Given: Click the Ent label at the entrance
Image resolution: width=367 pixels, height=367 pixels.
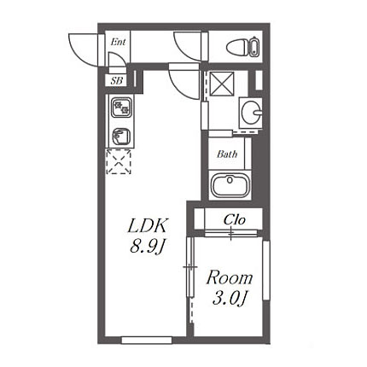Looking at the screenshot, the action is (118, 42).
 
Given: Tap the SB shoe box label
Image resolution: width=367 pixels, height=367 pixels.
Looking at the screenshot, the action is (117, 81).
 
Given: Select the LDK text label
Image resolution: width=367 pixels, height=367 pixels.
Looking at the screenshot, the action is (147, 226).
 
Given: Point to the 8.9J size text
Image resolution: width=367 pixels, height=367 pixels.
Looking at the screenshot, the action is (148, 246).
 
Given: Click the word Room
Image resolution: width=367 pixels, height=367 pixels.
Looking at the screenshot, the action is (230, 278).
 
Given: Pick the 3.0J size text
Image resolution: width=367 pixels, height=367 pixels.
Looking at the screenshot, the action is (230, 298).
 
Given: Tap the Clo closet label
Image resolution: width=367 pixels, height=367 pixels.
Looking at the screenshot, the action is (235, 219).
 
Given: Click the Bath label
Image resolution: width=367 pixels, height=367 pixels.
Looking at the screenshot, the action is (227, 154).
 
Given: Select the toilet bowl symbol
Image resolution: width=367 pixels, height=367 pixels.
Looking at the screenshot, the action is (237, 47).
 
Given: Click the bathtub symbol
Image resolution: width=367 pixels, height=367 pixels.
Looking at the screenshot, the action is (230, 185).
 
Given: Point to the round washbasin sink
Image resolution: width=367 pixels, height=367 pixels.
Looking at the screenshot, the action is (250, 113).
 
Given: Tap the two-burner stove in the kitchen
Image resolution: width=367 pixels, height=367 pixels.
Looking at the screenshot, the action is (121, 108).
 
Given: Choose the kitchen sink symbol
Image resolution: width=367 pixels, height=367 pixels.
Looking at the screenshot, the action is (121, 137).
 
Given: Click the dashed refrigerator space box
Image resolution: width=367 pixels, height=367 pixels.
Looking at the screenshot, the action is (119, 161).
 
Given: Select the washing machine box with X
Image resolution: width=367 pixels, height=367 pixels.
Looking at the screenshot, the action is (222, 83).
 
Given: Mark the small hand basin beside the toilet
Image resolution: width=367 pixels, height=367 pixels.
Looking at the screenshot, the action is (253, 46).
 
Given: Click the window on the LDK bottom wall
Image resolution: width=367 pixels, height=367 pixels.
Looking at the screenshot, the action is (147, 340).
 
